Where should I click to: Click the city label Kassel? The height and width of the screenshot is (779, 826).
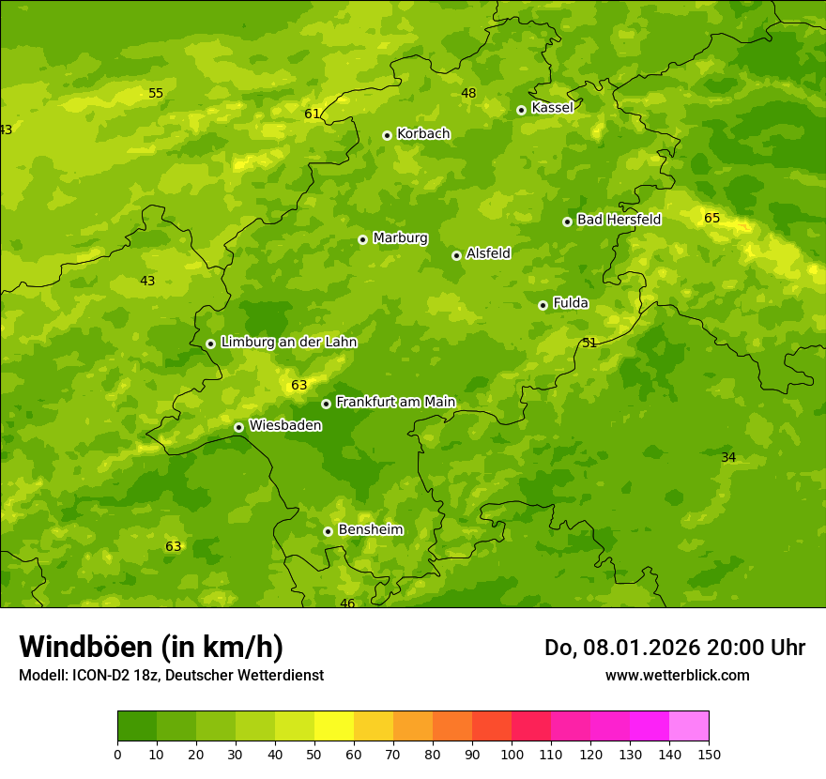[552, 108]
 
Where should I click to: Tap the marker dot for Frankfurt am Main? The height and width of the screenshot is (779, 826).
[326, 404]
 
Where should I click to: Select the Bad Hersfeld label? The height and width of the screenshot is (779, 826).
[619, 220]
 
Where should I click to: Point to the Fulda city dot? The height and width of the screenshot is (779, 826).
[543, 305]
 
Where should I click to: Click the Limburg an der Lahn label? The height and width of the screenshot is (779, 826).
[288, 343]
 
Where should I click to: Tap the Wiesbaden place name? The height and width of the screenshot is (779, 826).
[284, 425]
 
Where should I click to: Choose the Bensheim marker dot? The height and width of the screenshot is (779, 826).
[328, 531]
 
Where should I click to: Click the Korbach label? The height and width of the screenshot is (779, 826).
[423, 134]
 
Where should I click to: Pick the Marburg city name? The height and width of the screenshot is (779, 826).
[400, 238]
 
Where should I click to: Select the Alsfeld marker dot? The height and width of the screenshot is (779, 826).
[456, 255]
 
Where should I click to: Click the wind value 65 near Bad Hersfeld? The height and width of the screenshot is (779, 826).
[712, 219]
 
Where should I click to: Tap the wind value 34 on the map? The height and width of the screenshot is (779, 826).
[728, 458]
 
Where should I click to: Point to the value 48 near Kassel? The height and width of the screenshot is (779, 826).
[468, 93]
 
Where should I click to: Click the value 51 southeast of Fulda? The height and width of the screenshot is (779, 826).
[589, 344]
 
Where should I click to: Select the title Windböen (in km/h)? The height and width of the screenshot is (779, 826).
[151, 647]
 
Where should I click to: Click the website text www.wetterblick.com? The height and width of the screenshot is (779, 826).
[677, 675]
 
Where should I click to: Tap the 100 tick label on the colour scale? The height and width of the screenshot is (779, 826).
[512, 754]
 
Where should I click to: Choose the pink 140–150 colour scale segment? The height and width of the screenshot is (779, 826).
[689, 726]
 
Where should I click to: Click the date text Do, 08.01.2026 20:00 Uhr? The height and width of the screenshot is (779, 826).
[674, 648]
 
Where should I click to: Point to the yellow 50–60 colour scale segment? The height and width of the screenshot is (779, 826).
[334, 726]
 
